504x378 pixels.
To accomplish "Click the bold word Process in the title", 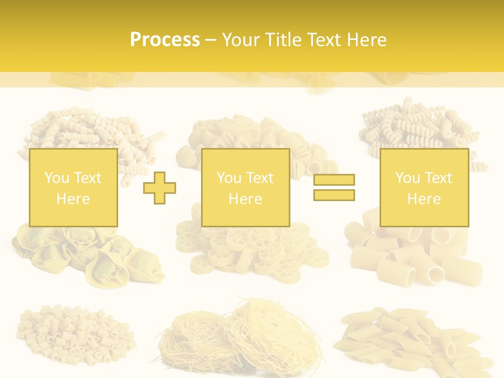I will point(165,39).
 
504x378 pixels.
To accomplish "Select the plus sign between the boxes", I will point(160,188).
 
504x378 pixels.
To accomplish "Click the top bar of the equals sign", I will point(334,180).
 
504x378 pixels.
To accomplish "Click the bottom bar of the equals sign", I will point(334,195).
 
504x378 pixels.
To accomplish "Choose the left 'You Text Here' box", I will point(73,187).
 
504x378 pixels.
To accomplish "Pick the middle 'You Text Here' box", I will point(245,187).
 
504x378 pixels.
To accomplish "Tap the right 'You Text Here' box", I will point(424,187).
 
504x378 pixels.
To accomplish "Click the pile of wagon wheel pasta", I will point(252,255).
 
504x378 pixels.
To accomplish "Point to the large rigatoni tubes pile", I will point(415,257).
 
